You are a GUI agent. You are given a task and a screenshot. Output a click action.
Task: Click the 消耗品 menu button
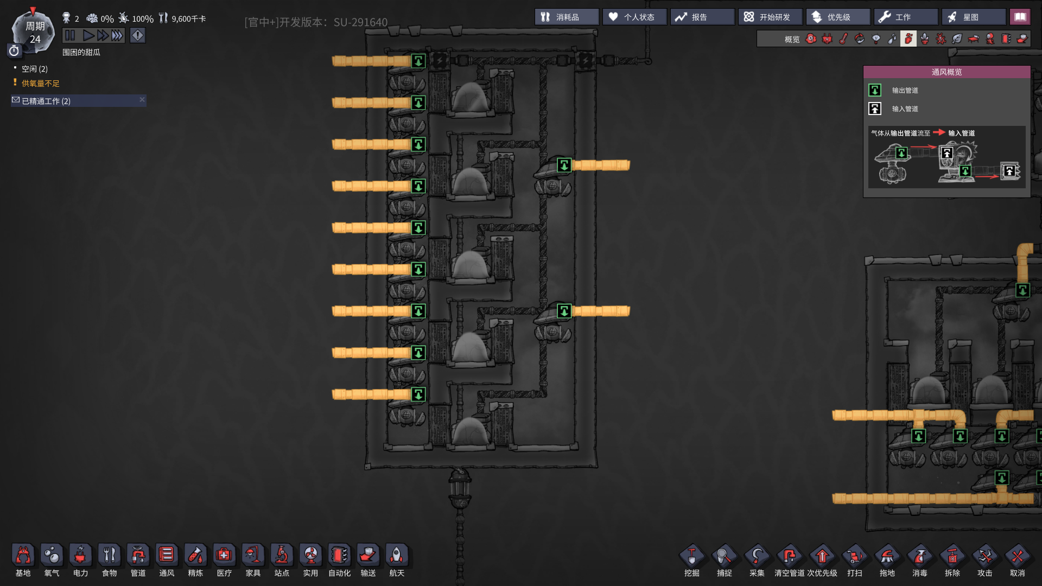click(567, 17)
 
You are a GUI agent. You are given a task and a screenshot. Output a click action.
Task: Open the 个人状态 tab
click(634, 17)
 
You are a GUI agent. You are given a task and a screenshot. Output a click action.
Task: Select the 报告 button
click(702, 17)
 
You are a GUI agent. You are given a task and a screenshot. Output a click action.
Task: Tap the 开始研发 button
click(770, 17)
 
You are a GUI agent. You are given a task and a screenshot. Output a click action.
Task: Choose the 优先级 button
click(838, 17)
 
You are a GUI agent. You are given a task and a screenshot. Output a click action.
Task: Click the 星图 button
click(974, 17)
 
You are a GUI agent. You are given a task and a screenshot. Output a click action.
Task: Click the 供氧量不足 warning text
click(41, 84)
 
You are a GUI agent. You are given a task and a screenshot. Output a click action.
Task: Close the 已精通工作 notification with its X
click(142, 99)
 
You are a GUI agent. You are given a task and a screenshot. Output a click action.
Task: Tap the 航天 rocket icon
click(397, 555)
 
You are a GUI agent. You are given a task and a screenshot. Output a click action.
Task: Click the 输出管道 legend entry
click(905, 91)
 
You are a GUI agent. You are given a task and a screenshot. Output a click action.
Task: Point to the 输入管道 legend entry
click(905, 109)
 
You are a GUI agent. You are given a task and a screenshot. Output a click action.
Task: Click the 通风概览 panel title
click(947, 72)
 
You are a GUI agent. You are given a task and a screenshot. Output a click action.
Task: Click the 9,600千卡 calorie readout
click(189, 19)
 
